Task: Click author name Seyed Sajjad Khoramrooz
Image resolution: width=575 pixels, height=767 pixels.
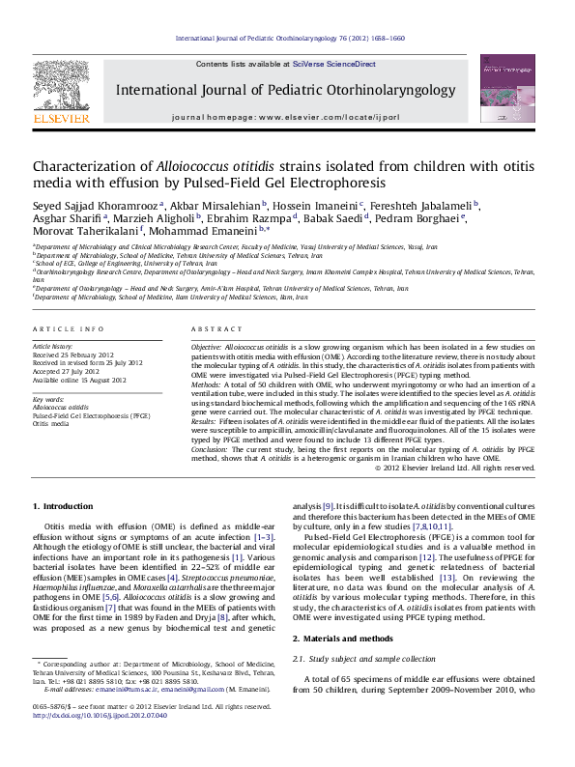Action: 96,205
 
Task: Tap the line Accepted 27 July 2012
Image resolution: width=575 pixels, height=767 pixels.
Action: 68,370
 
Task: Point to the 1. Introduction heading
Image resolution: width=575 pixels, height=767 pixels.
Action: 63,506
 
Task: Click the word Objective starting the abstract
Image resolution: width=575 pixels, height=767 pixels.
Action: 206,345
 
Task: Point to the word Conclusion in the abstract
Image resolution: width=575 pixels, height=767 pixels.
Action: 209,450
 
